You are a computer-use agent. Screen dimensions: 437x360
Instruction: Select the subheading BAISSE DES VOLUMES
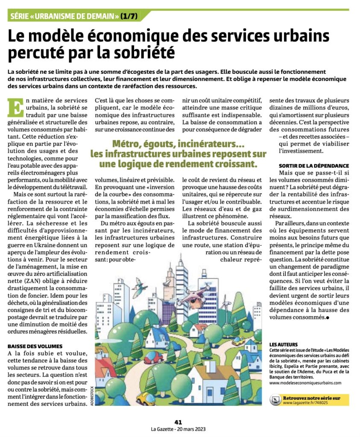tap(35, 346)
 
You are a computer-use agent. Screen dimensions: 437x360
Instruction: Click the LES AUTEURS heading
tap(284, 344)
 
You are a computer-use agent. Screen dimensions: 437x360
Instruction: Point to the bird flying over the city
tap(139, 287)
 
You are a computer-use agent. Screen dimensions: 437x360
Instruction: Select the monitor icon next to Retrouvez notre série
tap(275, 400)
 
